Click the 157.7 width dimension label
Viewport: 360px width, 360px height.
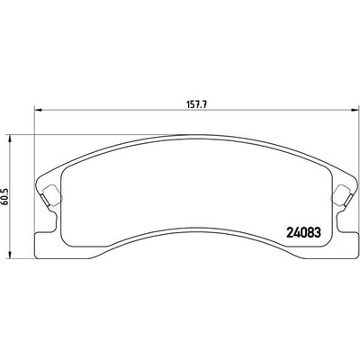click(x=197, y=104)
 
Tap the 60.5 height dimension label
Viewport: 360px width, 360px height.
click(x=5, y=197)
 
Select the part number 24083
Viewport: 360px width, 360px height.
click(x=304, y=232)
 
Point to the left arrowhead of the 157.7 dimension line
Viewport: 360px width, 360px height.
click(x=38, y=110)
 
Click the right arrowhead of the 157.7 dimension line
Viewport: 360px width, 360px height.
click(x=355, y=110)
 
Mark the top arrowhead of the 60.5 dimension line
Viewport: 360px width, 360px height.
click(x=11, y=139)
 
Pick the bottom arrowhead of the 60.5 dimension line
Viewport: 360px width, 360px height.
click(x=11, y=255)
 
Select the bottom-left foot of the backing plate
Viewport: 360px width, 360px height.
click(x=45, y=245)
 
